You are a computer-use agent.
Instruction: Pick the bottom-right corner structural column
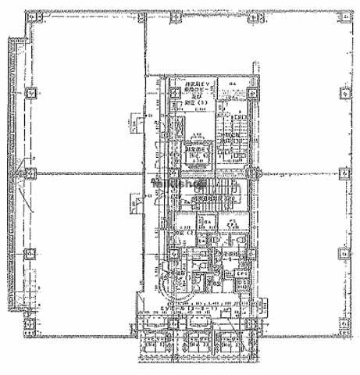pos(344,320)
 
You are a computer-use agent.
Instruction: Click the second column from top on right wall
pos(344,92)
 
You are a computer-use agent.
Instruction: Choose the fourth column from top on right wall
pos(344,254)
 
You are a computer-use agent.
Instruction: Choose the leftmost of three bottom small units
pos(157,341)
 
